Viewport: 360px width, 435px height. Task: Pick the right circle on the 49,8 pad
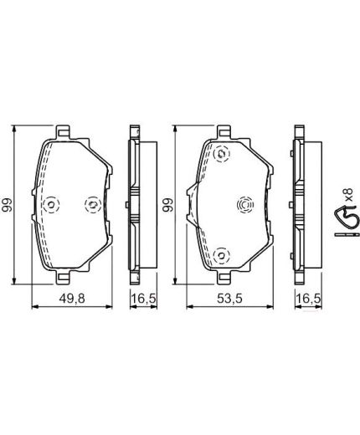tap(93, 204)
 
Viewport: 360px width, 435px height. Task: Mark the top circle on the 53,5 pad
tap(221, 154)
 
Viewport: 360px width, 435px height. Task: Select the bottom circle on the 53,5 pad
tap(221, 254)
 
